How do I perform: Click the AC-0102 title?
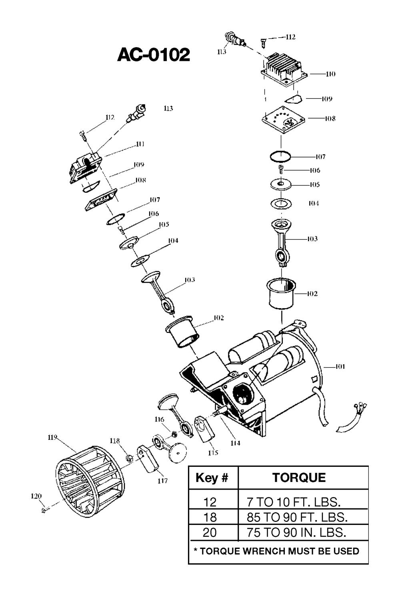(154, 55)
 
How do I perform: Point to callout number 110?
(330, 74)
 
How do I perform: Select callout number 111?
(140, 144)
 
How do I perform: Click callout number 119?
(52, 437)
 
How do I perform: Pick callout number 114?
(235, 443)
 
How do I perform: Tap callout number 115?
(213, 453)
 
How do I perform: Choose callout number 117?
(162, 481)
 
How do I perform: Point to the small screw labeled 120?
(44, 510)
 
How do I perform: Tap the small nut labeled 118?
(129, 458)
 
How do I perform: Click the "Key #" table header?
(212, 478)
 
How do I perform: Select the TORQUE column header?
(299, 478)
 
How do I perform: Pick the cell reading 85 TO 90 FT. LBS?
(297, 517)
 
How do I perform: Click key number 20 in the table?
(210, 532)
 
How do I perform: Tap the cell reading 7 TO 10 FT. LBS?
(294, 502)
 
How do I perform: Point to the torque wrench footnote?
(276, 551)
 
